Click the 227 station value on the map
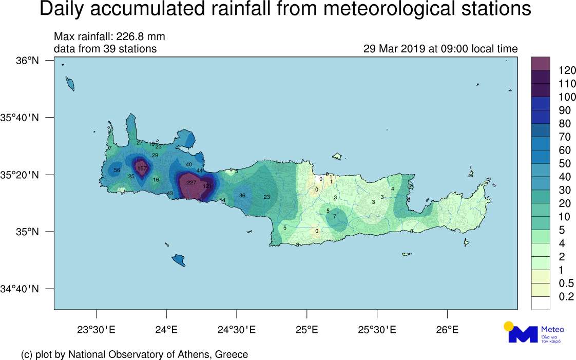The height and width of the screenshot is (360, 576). pos(191,183)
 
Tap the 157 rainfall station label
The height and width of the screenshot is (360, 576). pos(142,168)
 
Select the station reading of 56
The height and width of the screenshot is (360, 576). pos(117,170)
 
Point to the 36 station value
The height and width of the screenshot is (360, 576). pos(242,196)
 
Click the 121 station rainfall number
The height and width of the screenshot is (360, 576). pos(207,186)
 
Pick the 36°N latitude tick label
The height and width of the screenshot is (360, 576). pos(28,61)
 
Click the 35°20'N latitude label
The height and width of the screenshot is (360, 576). pos(20,175)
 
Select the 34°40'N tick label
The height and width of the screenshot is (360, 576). pos(20,289)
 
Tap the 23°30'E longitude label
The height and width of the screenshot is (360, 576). pos(96,329)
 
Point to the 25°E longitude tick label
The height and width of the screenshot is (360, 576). pos(306,329)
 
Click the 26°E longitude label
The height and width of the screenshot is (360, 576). pos(447,329)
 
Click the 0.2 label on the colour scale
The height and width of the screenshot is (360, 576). pos(565,297)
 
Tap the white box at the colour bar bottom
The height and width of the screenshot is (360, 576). pos(540,304)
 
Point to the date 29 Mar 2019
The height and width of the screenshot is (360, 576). pos(394,49)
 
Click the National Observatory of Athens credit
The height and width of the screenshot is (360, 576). pos(135,354)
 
